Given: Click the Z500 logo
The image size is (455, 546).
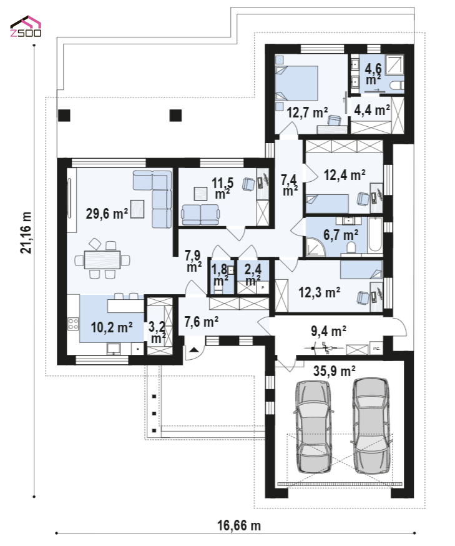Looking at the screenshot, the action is coord(26,26).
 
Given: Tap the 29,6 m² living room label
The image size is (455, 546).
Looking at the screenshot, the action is coord(107,214).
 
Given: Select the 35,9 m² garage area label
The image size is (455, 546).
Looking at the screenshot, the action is coord(335,371).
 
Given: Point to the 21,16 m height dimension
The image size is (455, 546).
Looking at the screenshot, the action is coord(26,232).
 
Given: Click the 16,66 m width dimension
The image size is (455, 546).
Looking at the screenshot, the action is coord(239,525).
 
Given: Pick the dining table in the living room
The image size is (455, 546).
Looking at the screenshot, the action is coord(102,260).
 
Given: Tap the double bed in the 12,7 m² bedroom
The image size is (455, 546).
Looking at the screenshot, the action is coord(296,83).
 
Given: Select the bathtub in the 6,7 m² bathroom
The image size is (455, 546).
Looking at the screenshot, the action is coord(375,234).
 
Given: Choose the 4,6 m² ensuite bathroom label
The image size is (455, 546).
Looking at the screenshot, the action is coord(373,74).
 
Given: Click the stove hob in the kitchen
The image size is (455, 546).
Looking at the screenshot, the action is coord(73,324).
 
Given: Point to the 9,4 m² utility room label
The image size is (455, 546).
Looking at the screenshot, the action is coord(328,331).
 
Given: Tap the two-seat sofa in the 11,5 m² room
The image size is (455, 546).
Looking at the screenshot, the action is coord(200,215).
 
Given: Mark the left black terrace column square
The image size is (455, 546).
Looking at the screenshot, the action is coord(64,115).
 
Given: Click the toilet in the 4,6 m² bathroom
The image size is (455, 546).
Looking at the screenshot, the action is coord(397,85).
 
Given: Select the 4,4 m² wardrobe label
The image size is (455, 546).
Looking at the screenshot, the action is coord(372,110).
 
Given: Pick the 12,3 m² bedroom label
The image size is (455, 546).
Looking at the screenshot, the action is coord(320,292).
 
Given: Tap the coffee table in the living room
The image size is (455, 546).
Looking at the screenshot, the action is coord(137,209).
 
